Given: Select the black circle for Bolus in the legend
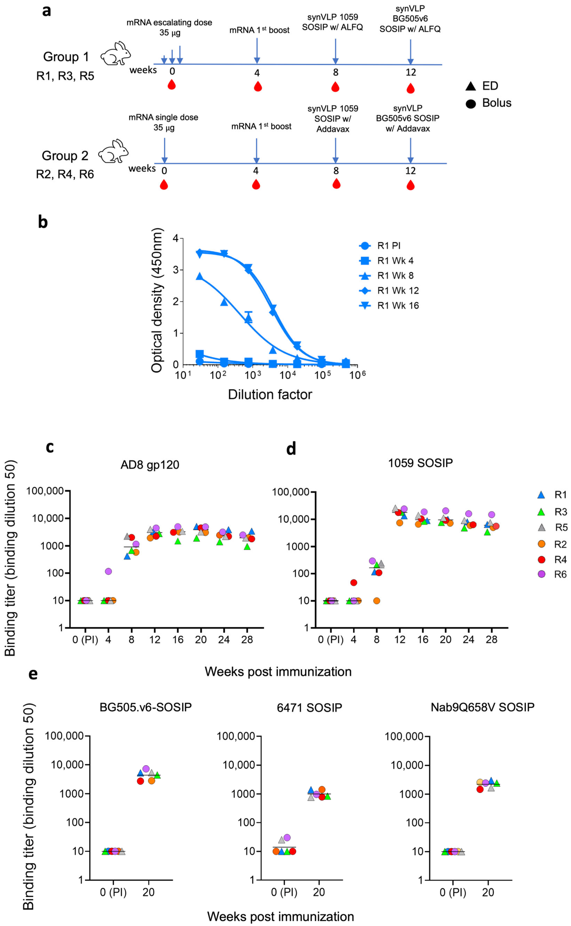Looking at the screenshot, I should [x=471, y=103].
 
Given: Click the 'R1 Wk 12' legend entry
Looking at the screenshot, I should [x=398, y=291].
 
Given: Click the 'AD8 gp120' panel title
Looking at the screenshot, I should [x=150, y=465].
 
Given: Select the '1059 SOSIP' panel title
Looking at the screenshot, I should [x=420, y=463].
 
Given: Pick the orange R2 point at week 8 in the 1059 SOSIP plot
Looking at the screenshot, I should [x=377, y=601].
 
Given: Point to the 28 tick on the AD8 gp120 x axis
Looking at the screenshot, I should [x=247, y=639].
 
